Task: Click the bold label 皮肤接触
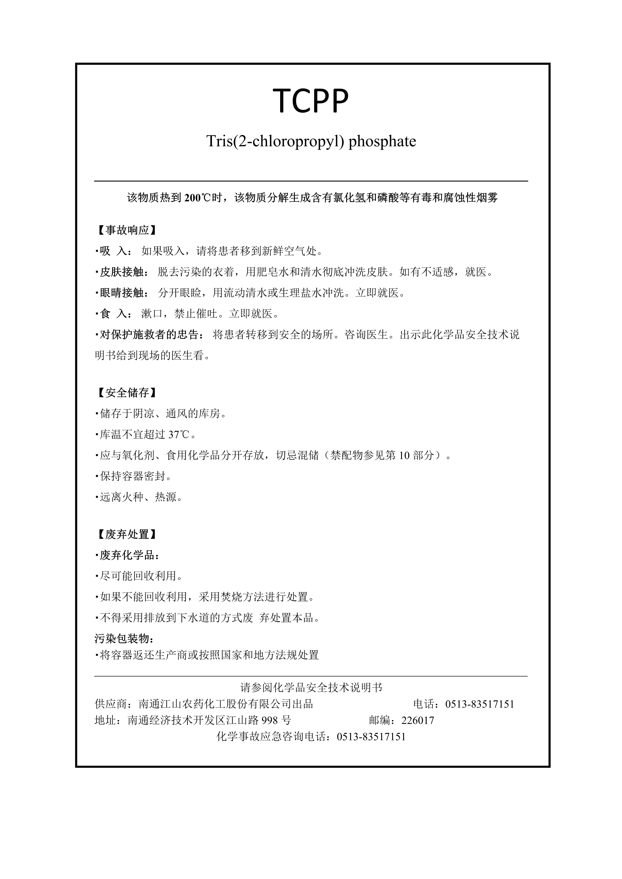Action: (x=121, y=272)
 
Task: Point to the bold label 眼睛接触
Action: (x=121, y=293)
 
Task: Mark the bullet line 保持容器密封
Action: (x=135, y=476)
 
